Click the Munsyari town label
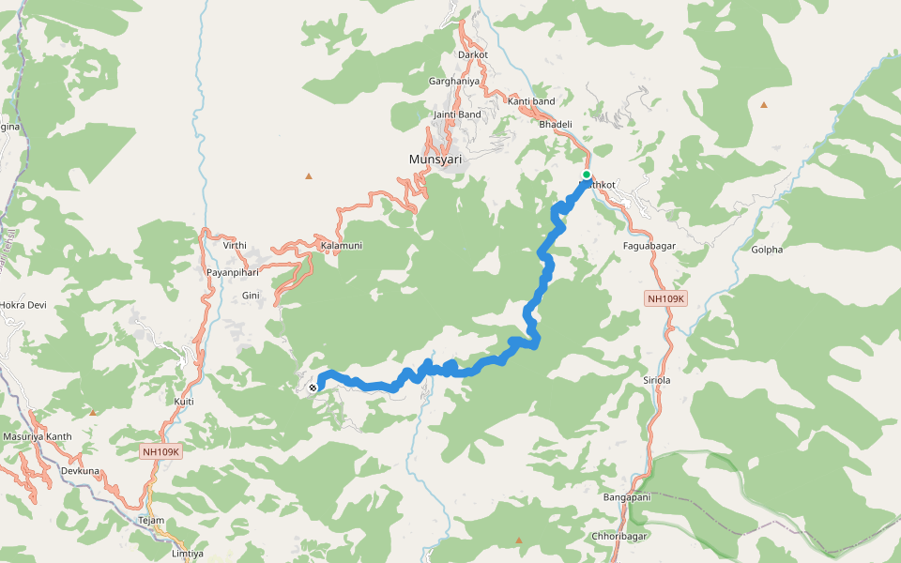tap(435, 160)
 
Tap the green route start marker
tap(587, 175)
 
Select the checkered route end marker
tap(313, 387)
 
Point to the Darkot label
tap(473, 55)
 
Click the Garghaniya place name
tap(454, 82)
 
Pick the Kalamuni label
tap(342, 246)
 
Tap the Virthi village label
tap(235, 246)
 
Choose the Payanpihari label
tap(233, 272)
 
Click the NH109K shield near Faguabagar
tap(667, 298)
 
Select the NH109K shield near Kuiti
tap(161, 451)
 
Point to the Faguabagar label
tap(649, 246)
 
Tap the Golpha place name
tap(767, 250)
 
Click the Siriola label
tap(656, 381)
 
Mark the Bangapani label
tap(627, 497)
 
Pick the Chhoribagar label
tap(618, 536)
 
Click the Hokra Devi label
tap(23, 306)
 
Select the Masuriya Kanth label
tap(38, 436)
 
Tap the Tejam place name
tap(151, 521)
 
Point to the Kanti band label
tap(531, 101)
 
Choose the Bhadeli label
tap(556, 124)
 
